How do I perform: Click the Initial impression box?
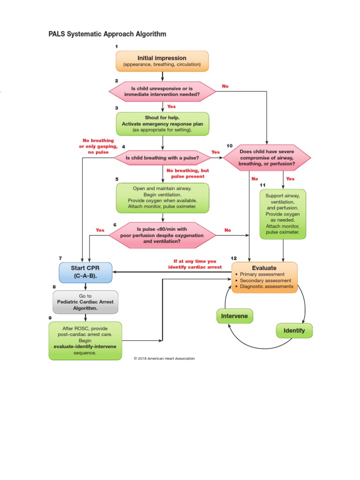tap(162, 61)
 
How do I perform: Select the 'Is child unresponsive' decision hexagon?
tap(162, 92)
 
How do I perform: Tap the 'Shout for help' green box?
tap(162, 123)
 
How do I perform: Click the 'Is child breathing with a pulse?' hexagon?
tap(162, 158)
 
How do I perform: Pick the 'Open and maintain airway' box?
tap(162, 197)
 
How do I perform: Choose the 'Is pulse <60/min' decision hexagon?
tap(162, 235)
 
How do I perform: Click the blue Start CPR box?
tap(85, 272)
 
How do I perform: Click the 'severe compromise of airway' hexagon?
tap(267, 158)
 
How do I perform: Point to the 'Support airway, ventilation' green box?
tap(283, 214)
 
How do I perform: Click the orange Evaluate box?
tap(264, 277)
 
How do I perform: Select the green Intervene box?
tap(234, 316)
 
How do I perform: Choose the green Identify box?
tap(294, 330)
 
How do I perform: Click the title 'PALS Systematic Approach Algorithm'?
tap(107, 34)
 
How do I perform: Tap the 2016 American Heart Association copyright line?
tap(164, 359)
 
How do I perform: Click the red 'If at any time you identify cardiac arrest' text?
tap(195, 264)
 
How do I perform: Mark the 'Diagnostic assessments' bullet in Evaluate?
tap(266, 286)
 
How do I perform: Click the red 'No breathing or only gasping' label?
tap(98, 146)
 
